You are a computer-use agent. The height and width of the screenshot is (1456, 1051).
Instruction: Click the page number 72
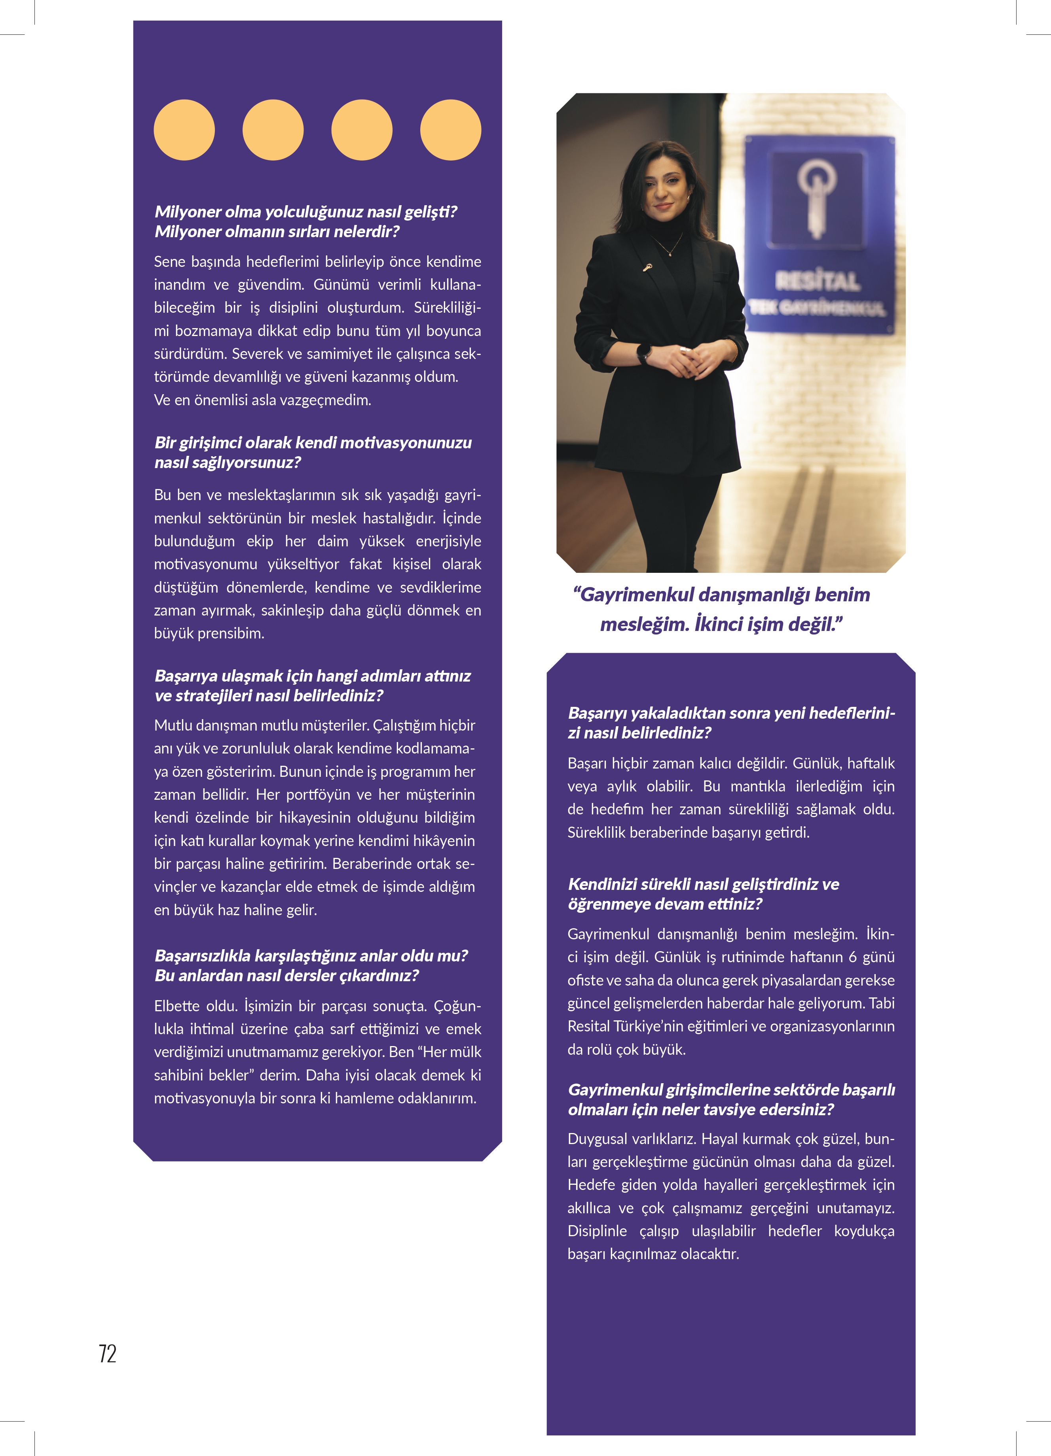click(107, 1353)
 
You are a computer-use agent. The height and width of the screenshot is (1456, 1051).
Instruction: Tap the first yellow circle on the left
click(184, 130)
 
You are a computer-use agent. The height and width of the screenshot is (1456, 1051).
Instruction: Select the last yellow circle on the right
click(450, 130)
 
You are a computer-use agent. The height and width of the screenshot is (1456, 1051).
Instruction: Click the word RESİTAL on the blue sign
click(817, 281)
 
